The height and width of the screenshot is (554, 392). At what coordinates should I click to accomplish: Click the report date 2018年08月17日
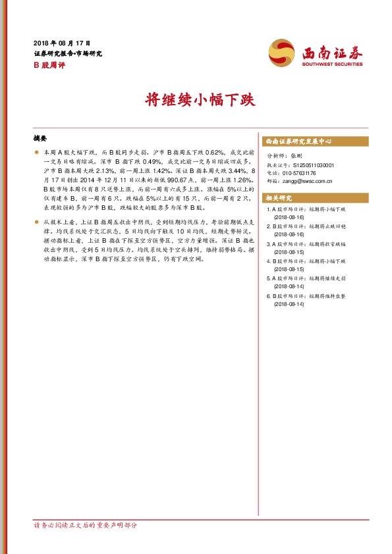[61, 43]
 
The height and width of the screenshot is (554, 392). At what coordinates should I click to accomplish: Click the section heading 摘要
[40, 139]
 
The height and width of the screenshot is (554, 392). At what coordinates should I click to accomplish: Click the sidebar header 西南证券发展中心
[298, 141]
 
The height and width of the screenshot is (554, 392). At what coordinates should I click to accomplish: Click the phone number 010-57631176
[298, 173]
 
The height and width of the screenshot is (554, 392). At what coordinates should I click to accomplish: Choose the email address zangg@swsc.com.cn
[308, 181]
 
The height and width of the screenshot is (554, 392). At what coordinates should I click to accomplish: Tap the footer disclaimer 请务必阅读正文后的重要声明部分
[86, 525]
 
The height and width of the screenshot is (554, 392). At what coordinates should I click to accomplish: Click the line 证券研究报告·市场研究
[67, 53]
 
